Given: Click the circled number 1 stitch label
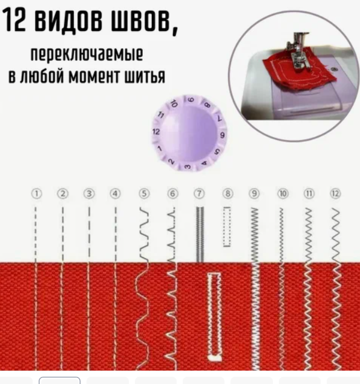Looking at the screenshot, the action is click(x=36, y=194).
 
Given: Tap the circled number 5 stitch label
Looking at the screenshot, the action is click(x=144, y=194).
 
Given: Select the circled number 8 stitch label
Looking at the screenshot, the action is click(x=227, y=194).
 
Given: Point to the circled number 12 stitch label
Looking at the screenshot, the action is click(x=335, y=194).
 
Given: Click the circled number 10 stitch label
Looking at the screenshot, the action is click(x=283, y=194).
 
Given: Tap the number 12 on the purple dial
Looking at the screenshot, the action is click(x=156, y=132).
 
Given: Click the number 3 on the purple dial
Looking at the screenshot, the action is click(x=188, y=167).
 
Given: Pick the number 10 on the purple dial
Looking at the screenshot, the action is click(x=174, y=104).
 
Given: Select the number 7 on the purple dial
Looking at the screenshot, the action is click(x=220, y=119).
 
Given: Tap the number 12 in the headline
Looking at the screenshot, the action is click(x=15, y=20).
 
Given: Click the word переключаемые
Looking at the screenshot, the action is click(x=87, y=55).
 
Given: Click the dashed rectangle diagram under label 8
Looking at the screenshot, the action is click(x=227, y=227).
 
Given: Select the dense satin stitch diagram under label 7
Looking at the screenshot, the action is click(x=200, y=234).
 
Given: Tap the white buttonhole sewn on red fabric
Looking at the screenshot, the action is click(x=215, y=317).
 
